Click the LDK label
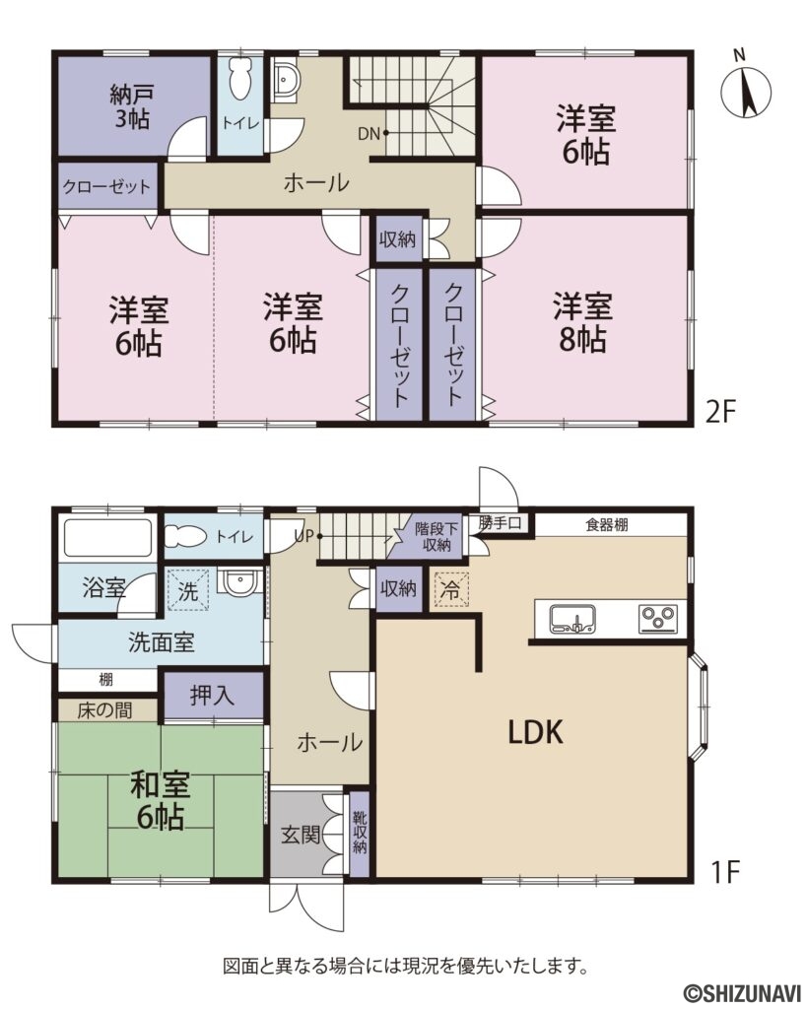535,731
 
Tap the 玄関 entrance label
300,835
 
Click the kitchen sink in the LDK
572,619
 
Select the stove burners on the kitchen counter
657,619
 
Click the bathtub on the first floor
107,539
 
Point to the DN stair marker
370,132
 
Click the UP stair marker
304,537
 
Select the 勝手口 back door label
500,522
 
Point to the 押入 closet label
213,695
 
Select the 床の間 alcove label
106,709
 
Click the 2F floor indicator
721,411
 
